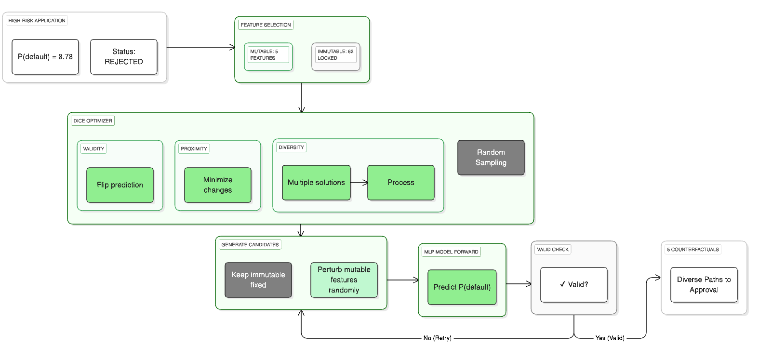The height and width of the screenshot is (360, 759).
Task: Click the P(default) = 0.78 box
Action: coord(45,57)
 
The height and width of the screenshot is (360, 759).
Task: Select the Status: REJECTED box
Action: coord(124,57)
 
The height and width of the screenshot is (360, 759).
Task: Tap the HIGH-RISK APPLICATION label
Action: coord(37,21)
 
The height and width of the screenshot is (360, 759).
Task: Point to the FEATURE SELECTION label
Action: coord(266,25)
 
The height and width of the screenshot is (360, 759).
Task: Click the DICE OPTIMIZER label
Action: coord(93,121)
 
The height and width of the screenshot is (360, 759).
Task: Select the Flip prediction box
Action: coord(120,185)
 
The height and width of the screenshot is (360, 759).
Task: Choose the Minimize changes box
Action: coord(218,185)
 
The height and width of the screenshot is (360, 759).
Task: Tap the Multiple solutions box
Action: coord(316,183)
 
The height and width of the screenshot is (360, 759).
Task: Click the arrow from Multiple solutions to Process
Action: coord(359,183)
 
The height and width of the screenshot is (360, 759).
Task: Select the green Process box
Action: coord(401,183)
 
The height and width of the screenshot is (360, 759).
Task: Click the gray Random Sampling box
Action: coord(491,158)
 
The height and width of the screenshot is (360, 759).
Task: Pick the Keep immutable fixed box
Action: coord(258,280)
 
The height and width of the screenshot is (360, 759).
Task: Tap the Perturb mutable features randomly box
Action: coord(344,280)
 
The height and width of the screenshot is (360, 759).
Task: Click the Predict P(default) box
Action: coord(462,287)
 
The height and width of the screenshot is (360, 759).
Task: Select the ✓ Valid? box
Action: coord(574,285)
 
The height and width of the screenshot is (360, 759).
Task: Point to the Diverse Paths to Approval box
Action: coord(704,285)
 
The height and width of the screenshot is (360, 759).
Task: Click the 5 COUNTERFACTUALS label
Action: coord(692,250)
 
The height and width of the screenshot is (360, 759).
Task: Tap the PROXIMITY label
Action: coord(194,149)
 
